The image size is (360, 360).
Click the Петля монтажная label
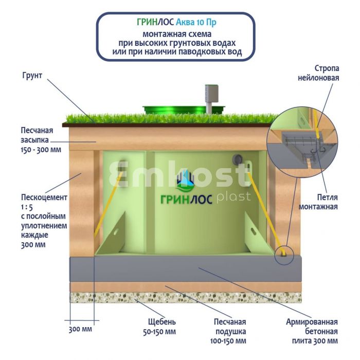pos(319,202)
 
